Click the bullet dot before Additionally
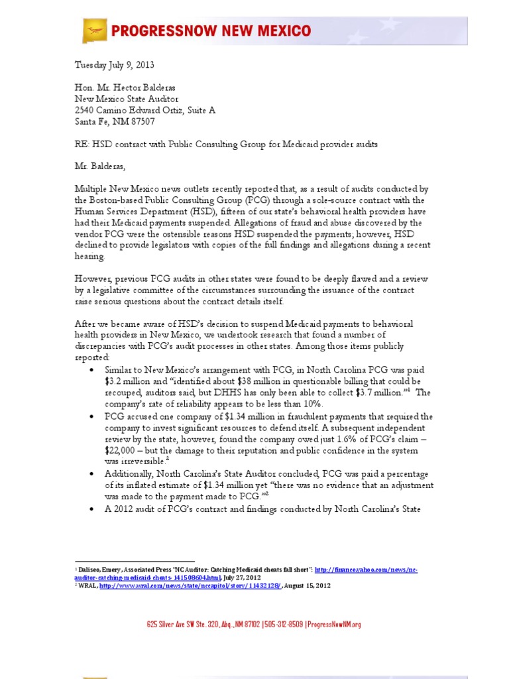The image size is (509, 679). point(91,474)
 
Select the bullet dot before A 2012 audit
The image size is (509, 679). point(91,509)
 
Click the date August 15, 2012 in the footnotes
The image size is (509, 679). point(308,586)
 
